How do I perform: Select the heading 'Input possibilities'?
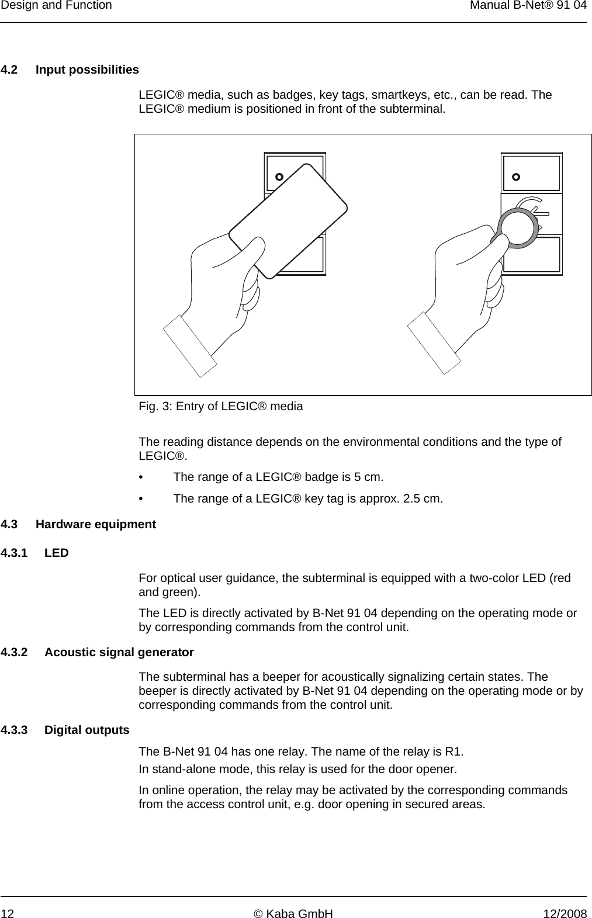[x=87, y=70]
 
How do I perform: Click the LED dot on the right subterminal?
[x=516, y=176]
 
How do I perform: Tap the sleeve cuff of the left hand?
[x=190, y=345]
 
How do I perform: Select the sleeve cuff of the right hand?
[x=434, y=342]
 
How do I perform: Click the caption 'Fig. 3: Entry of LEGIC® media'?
[x=221, y=406]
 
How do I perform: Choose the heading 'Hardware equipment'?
[x=96, y=524]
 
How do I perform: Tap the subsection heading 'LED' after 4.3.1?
[x=57, y=553]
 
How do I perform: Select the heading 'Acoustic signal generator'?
[x=119, y=652]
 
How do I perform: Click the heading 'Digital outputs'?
[x=87, y=730]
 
